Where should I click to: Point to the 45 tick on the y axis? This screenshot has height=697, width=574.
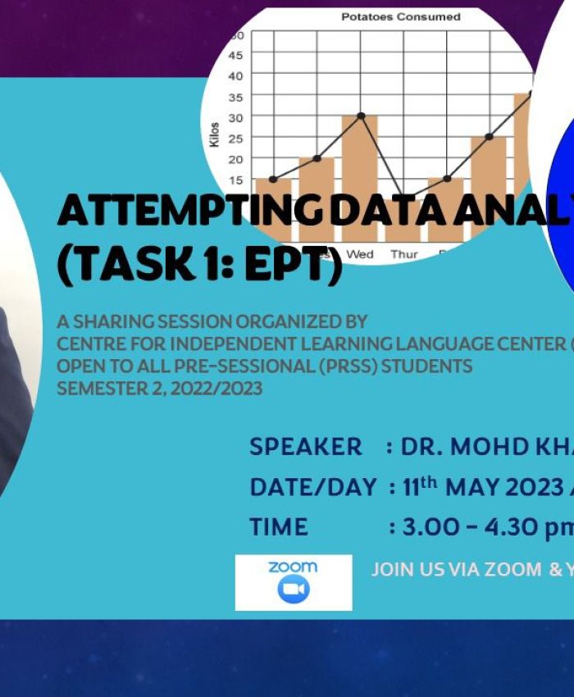pyautogui.click(x=236, y=55)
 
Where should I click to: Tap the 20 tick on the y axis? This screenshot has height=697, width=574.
pyautogui.click(x=236, y=158)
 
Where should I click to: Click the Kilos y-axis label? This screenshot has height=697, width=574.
pyautogui.click(x=215, y=134)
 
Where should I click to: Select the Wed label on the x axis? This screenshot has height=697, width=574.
pyautogui.click(x=359, y=254)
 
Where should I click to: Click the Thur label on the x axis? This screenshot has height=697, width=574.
pyautogui.click(x=403, y=254)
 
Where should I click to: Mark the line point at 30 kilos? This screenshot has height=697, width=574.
pyautogui.click(x=360, y=116)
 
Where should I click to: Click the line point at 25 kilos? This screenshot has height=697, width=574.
pyautogui.click(x=489, y=136)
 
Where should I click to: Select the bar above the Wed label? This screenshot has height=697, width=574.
pyautogui.click(x=359, y=164)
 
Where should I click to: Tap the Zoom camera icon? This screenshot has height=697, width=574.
pyautogui.click(x=293, y=590)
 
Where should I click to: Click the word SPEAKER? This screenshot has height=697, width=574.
pyautogui.click(x=305, y=447)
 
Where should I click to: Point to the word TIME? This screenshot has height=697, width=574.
pyautogui.click(x=279, y=526)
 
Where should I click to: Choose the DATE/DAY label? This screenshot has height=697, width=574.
pyautogui.click(x=313, y=487)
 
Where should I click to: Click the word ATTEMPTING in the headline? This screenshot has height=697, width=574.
pyautogui.click(x=191, y=212)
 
